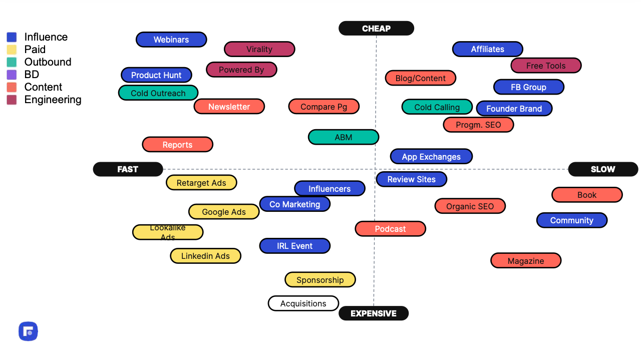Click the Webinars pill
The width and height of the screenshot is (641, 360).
(x=171, y=40)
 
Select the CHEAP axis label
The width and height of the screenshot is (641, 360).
(x=376, y=29)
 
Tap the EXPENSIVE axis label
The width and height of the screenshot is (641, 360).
(x=374, y=313)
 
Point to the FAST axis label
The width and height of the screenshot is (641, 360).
(x=128, y=169)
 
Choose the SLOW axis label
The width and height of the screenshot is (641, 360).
(x=603, y=169)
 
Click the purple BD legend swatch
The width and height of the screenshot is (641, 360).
(x=12, y=75)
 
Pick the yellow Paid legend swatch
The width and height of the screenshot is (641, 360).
(x=12, y=50)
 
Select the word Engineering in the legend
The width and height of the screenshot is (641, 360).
(x=53, y=100)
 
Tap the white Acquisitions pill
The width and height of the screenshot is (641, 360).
(x=303, y=303)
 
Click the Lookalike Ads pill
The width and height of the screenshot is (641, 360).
(x=168, y=232)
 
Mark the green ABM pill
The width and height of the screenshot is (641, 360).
(x=344, y=137)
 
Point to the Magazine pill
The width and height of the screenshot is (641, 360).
(x=526, y=260)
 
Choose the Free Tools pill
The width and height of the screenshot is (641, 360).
(x=546, y=65)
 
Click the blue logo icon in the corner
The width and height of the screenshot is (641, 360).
(x=28, y=331)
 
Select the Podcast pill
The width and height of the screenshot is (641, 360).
(x=390, y=229)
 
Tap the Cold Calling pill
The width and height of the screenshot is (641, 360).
(x=437, y=107)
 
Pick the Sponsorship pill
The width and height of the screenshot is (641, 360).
(x=320, y=279)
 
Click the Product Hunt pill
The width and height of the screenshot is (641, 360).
(x=156, y=75)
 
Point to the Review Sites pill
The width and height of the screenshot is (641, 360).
(x=412, y=179)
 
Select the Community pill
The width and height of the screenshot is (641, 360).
(x=572, y=220)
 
